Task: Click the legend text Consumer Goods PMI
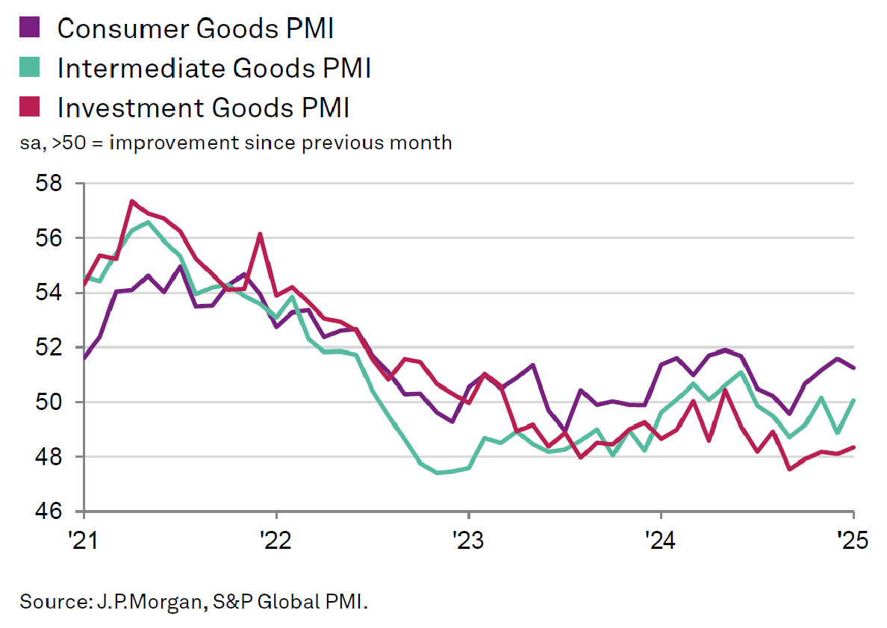[x=195, y=28]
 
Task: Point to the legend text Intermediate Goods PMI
[x=214, y=69]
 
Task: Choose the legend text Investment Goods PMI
[x=203, y=108]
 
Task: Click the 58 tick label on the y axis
[x=50, y=184]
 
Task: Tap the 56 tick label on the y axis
[x=50, y=238]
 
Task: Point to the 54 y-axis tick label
[x=50, y=293]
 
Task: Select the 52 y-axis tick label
[x=50, y=347]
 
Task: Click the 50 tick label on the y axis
[x=50, y=402]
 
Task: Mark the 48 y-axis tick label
[x=50, y=456]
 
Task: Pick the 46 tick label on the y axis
[x=50, y=512]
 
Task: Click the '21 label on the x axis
[x=84, y=539]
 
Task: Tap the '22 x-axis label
[x=276, y=539]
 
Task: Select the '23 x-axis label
[x=468, y=539]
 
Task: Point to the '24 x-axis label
[x=661, y=539]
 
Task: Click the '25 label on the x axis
[x=853, y=539]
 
